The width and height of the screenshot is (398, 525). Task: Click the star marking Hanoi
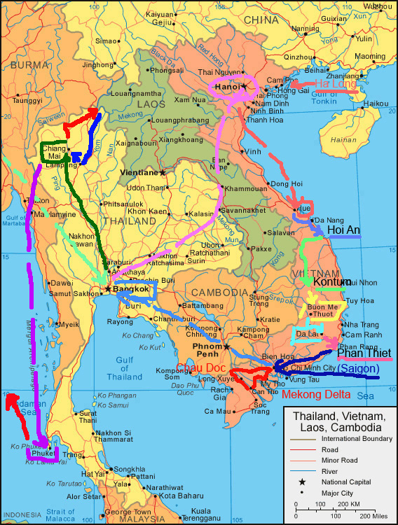245,86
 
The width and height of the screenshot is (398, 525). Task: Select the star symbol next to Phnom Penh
226,346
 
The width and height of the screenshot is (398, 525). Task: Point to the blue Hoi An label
344,230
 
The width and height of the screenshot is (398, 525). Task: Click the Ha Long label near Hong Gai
335,84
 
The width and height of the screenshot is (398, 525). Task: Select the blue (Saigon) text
358,368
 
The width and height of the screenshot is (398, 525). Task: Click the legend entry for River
334,471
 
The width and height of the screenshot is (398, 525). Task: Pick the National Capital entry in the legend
351,482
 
